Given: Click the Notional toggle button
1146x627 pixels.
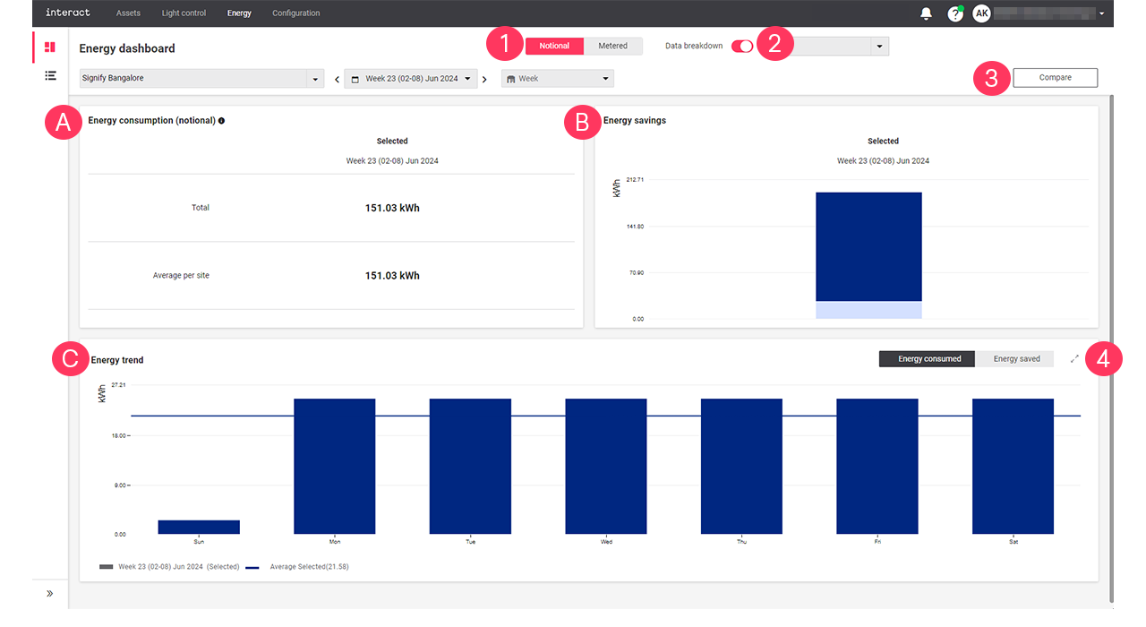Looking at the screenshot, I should [554, 46].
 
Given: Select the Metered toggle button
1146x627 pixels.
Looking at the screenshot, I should [612, 46].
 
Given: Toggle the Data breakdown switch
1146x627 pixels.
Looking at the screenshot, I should [742, 47].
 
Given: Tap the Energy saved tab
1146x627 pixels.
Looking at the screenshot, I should [1016, 359].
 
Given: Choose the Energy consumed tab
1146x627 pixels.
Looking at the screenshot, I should [929, 359].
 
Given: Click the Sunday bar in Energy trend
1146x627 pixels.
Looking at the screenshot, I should [199, 527].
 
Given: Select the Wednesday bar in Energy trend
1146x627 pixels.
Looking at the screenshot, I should [605, 466].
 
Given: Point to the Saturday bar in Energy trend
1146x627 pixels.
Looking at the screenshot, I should [1013, 466].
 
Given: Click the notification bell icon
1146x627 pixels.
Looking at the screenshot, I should [926, 13].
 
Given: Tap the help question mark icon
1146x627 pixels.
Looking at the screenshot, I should [954, 14].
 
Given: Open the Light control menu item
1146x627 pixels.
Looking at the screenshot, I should [184, 13].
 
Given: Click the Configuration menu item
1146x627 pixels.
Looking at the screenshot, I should [295, 13].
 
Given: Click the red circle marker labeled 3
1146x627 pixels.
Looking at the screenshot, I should [991, 78].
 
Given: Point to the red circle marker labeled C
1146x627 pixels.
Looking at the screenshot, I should [70, 359].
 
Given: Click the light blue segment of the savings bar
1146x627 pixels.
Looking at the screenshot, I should [868, 310].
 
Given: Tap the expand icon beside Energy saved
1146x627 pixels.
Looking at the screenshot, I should [1074, 359].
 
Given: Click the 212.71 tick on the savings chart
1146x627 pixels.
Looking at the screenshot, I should [635, 180].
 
